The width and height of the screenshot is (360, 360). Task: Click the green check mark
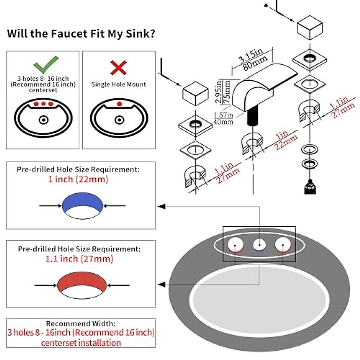[46, 64]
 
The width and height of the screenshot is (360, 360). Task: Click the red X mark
[118, 67]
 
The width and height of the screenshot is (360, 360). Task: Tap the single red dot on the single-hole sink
[119, 104]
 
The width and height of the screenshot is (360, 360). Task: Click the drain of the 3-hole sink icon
[43, 120]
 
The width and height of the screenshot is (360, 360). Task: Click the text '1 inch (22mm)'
[78, 179]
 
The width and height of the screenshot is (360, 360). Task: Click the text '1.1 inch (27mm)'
[79, 259]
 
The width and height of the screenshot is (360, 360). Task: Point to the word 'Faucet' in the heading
[69, 34]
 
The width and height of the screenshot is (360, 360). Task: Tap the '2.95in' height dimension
[218, 92]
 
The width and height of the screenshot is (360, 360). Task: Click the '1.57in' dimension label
[223, 115]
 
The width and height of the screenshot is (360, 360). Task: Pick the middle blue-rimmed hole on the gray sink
[259, 245]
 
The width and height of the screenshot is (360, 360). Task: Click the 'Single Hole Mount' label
[118, 84]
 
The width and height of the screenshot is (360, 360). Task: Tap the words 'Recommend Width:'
[81, 324]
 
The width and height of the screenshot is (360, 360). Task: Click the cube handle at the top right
[310, 28]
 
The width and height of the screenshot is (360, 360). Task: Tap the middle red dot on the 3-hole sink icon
[43, 104]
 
